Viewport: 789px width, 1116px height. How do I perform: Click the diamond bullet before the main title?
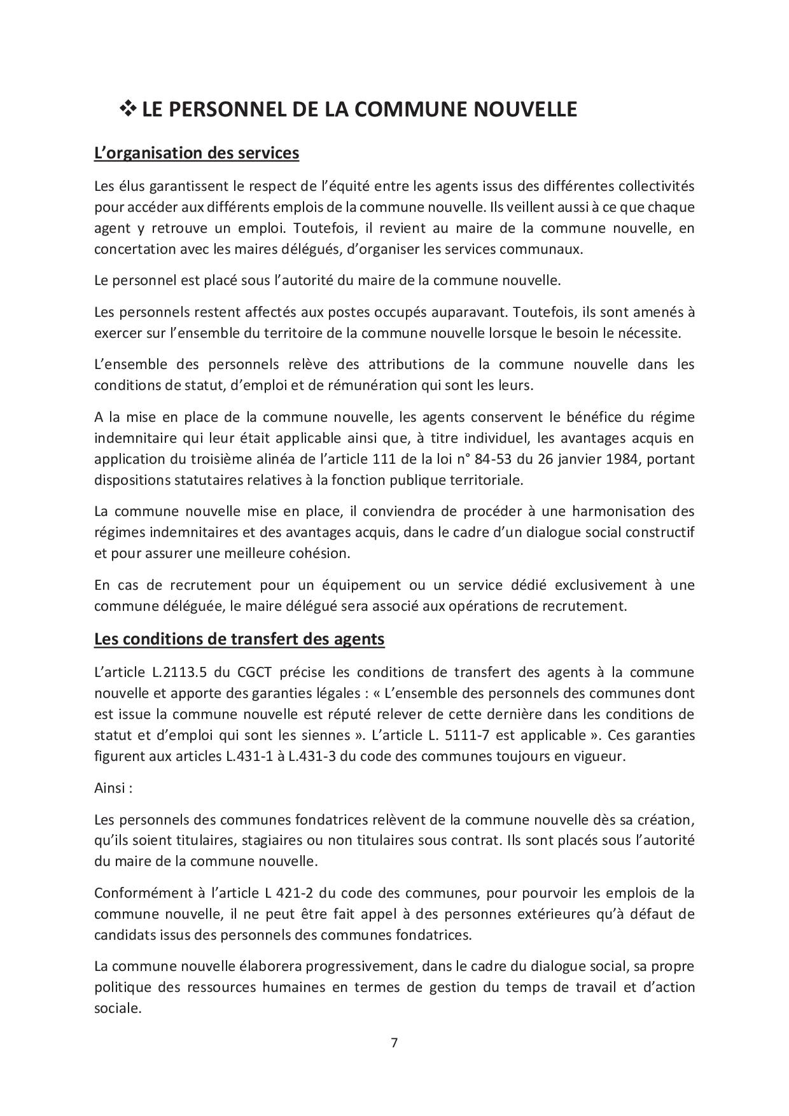[128, 109]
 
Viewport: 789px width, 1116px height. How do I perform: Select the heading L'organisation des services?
[196, 153]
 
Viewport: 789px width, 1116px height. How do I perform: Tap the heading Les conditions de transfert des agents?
[239, 638]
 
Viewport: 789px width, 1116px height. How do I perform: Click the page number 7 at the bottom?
[394, 1043]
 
